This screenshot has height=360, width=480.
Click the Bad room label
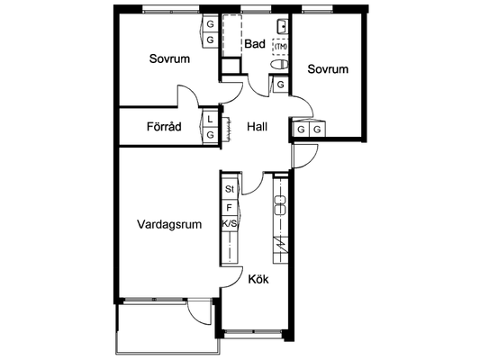254,44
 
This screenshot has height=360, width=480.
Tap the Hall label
257,127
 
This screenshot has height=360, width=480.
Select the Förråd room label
164,126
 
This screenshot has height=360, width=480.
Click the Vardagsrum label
169,224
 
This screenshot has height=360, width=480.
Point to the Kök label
258,279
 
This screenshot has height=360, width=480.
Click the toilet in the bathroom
279,65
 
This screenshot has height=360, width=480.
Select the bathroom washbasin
282,27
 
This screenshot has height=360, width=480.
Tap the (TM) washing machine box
280,47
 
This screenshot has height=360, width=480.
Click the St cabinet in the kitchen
230,189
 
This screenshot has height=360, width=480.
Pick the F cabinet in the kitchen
230,208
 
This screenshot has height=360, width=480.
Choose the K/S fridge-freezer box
230,224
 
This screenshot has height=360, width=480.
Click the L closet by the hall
210,119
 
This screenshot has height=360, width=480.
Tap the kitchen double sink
280,205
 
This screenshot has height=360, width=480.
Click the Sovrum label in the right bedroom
328,69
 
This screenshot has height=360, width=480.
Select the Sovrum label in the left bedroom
169,58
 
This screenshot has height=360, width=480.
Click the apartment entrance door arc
312,160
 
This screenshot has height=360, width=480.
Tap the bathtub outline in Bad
232,36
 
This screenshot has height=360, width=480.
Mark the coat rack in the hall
228,129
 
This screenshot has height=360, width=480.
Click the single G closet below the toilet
280,85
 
